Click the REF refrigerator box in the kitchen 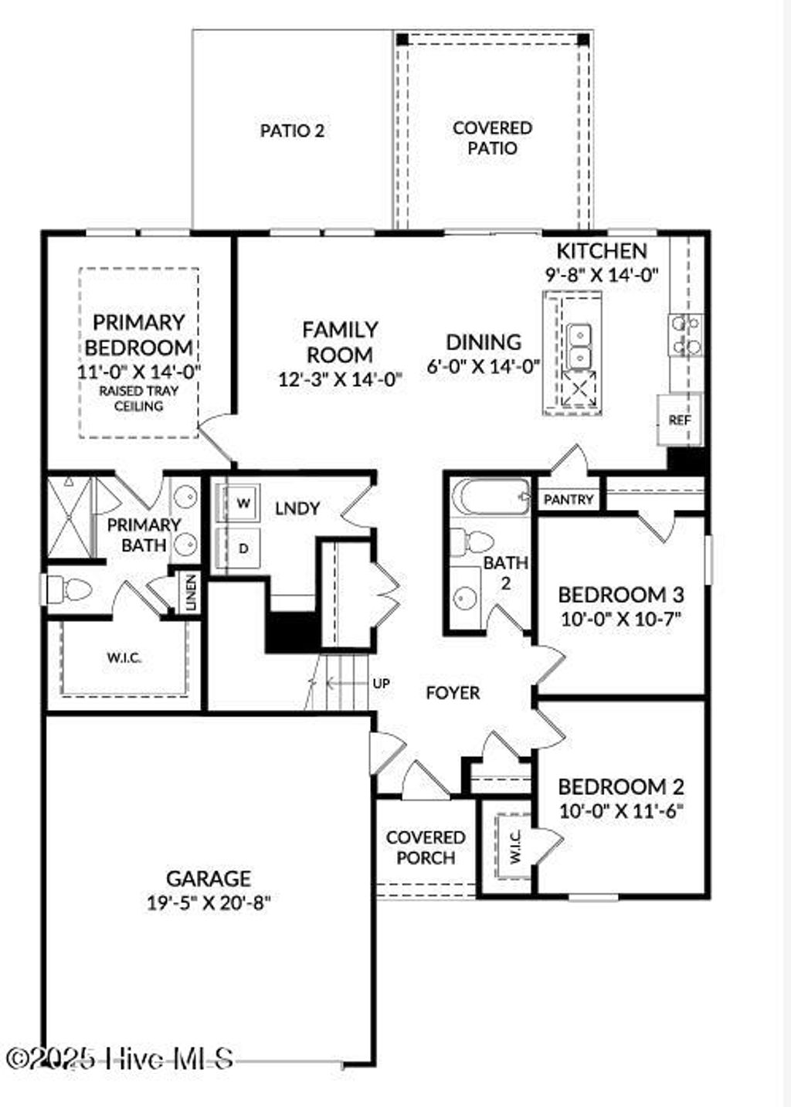(x=680, y=419)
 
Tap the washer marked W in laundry (x=243, y=504)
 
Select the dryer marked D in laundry (x=243, y=548)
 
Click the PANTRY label (x=569, y=500)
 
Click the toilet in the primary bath (x=70, y=590)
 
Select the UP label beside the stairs (x=382, y=683)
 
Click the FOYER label (x=453, y=693)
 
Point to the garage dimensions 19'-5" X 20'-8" (x=209, y=902)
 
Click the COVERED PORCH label (x=426, y=847)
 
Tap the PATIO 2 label (x=292, y=131)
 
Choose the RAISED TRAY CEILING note (x=139, y=398)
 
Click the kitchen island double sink (x=579, y=345)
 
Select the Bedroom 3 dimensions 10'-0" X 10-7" (x=621, y=618)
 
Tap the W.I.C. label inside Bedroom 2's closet (x=516, y=847)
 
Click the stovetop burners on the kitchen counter (x=686, y=334)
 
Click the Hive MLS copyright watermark (x=120, y=1058)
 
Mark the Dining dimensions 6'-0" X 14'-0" (x=484, y=365)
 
